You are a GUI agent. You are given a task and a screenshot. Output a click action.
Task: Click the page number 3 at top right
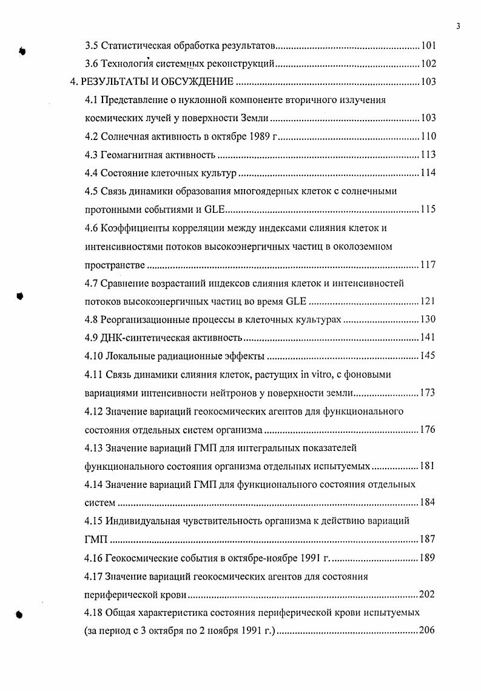pyautogui.click(x=459, y=25)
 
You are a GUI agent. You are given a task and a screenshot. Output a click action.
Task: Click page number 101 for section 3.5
pyautogui.click(x=428, y=45)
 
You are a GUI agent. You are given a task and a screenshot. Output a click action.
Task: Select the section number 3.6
pyautogui.click(x=91, y=64)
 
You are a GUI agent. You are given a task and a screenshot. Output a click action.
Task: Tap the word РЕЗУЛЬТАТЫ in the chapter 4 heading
pyautogui.click(x=115, y=82)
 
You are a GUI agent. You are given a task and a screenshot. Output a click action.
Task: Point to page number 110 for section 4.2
pyautogui.click(x=428, y=136)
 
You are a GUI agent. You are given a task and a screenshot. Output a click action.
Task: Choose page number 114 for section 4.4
pyautogui.click(x=428, y=173)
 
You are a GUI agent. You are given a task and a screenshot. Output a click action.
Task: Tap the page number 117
pyautogui.click(x=428, y=265)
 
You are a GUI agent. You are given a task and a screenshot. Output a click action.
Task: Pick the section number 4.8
pyautogui.click(x=91, y=319)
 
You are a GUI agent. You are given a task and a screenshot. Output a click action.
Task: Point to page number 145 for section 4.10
pyautogui.click(x=428, y=356)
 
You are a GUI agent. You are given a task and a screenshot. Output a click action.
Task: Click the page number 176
pyautogui.click(x=428, y=430)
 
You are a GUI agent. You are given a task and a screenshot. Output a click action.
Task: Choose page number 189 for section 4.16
pyautogui.click(x=428, y=558)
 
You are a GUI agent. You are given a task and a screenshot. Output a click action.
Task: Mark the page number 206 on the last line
pyautogui.click(x=427, y=630)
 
